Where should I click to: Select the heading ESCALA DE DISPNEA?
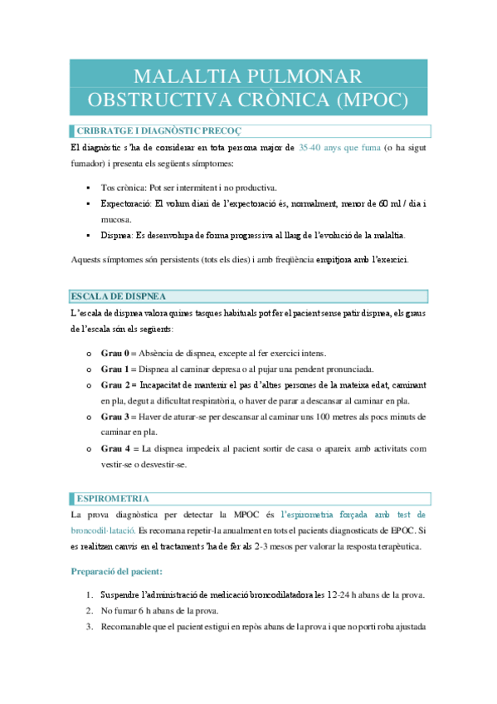[x=118, y=296]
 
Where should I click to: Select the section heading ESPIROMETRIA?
[x=112, y=498]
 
